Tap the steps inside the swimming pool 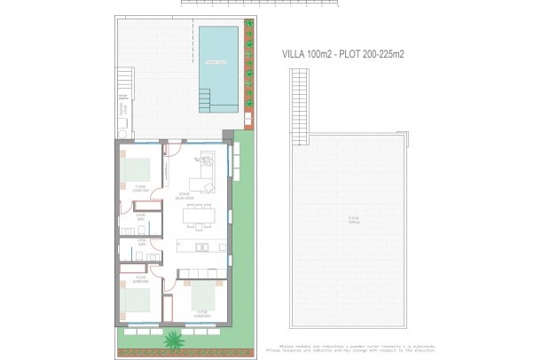point(218,104)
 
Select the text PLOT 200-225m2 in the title point(374,54)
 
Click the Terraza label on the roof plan point(352,219)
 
